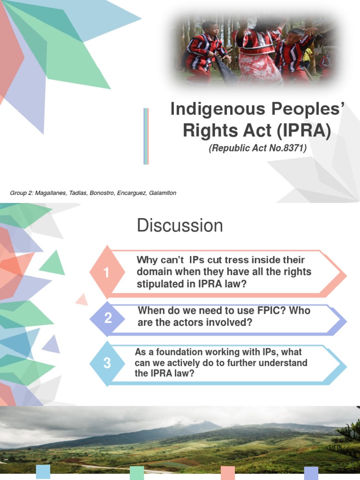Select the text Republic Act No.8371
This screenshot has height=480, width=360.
257,149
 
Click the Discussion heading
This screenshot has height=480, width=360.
180,226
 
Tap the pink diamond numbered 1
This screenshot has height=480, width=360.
107,272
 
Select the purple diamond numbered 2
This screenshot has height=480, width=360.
108,318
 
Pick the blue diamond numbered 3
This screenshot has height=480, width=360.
107,363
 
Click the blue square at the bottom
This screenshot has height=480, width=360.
43,472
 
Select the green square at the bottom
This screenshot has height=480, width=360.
137,472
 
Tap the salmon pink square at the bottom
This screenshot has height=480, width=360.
227,472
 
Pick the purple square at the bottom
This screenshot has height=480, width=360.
311,472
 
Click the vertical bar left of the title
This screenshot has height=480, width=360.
146,136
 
